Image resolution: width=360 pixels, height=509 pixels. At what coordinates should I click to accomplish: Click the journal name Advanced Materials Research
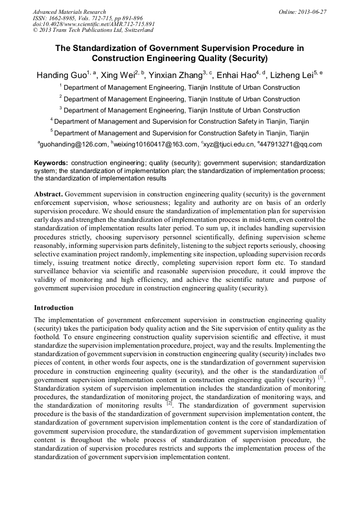tap(69, 12)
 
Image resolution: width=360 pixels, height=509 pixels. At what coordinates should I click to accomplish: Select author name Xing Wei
tap(118, 75)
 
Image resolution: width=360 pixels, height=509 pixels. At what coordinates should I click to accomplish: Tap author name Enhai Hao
tap(236, 75)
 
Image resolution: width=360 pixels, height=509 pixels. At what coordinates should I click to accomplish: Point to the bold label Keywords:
tap(51, 163)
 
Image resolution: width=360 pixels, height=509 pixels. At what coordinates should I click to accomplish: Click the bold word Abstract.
tap(48, 194)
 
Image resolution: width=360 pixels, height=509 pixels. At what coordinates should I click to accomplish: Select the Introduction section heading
tap(54, 308)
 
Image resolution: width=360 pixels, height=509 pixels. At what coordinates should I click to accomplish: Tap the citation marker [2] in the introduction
tap(169, 403)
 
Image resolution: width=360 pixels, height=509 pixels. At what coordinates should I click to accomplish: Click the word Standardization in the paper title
tap(109, 48)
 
